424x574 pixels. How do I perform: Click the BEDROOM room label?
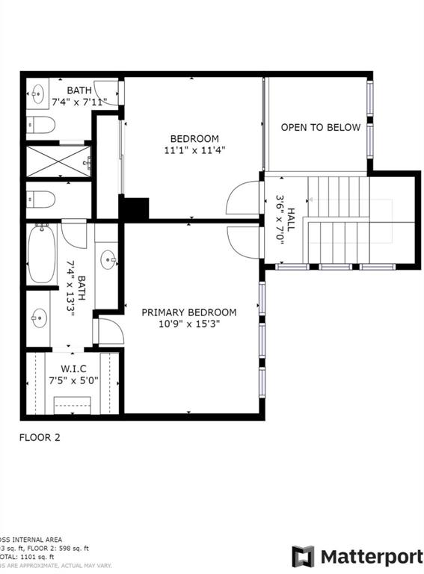(x=194, y=138)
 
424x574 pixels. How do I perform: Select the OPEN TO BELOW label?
(x=321, y=127)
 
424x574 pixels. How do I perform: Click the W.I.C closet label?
(x=74, y=368)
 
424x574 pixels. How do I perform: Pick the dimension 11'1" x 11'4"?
(x=194, y=150)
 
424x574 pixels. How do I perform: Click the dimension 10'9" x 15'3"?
(x=189, y=324)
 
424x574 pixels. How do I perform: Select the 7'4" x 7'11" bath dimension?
(x=79, y=101)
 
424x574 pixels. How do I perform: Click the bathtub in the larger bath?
(x=42, y=254)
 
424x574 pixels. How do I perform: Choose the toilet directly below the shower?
(x=41, y=200)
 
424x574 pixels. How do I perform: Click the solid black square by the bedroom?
(x=135, y=209)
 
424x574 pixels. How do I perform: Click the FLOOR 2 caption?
(x=39, y=438)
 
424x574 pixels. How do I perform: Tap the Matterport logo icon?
(x=303, y=557)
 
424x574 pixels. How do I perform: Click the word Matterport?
(x=372, y=557)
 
